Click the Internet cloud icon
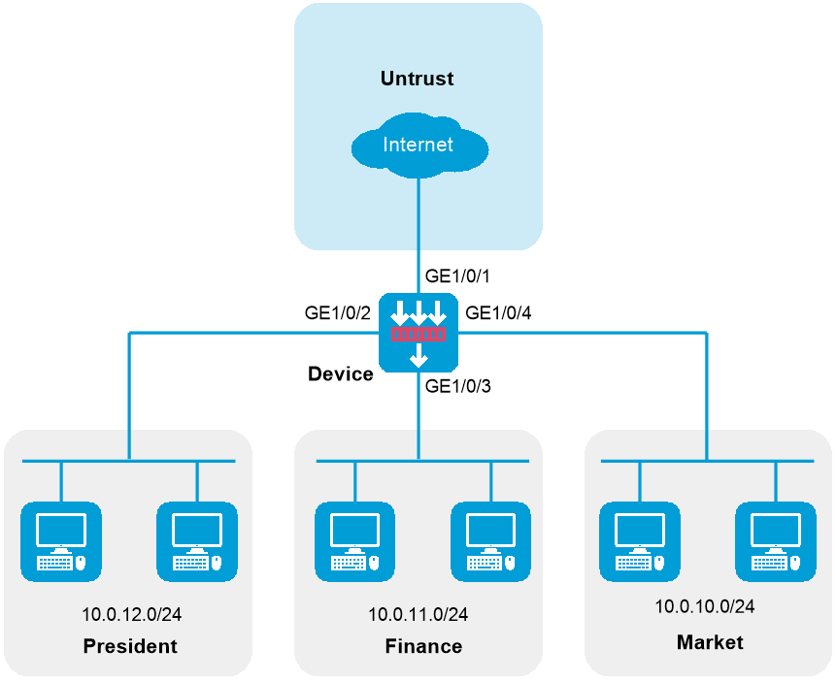coord(419,146)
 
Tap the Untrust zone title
coord(417,79)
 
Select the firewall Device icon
coord(418,333)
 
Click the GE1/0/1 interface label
coord(457,276)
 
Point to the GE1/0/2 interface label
coord(337,313)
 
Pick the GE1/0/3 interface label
coord(457,386)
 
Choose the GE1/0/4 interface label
coord(498,313)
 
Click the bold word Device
coord(341,373)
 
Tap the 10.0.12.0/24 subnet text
coord(131,614)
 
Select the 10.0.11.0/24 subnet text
coord(418,614)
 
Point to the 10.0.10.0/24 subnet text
coord(705,606)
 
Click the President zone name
coord(130,646)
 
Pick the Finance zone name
coord(423,646)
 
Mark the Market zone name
coord(710,642)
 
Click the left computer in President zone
coord(61,542)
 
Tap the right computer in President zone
coord(197,542)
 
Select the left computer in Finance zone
coord(355,542)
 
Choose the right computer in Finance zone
coord(490,542)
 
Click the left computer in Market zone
coord(640,542)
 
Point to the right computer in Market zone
coord(776,542)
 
